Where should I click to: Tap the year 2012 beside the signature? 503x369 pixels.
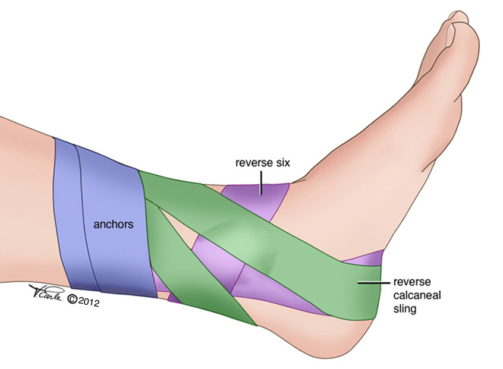point(86,302)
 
